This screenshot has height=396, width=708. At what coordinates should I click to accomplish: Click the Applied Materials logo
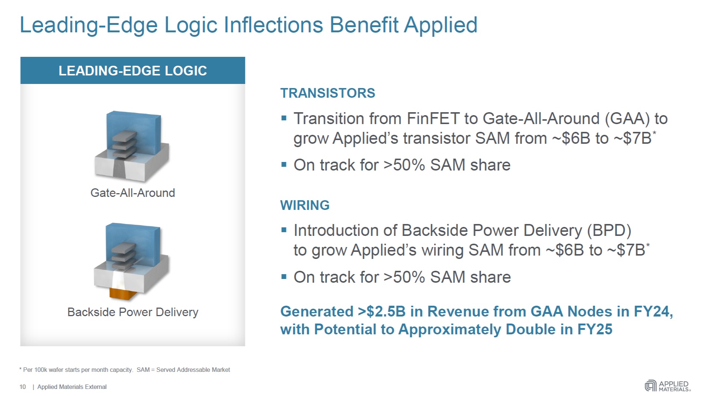[668, 386]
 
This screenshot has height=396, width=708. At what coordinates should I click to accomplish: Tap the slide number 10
[23, 387]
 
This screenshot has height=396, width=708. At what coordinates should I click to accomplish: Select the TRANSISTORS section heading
[327, 93]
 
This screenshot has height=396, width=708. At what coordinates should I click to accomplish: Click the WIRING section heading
[305, 205]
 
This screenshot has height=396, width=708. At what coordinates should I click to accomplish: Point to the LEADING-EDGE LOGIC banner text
[133, 71]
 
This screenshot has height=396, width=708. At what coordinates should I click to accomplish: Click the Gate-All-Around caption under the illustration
[133, 193]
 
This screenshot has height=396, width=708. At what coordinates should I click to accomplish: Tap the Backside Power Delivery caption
[133, 312]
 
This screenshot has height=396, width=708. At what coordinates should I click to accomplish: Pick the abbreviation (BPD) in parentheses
[609, 230]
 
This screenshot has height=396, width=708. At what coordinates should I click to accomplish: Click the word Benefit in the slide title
[364, 25]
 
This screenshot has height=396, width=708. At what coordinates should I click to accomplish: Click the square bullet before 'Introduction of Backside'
[284, 230]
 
